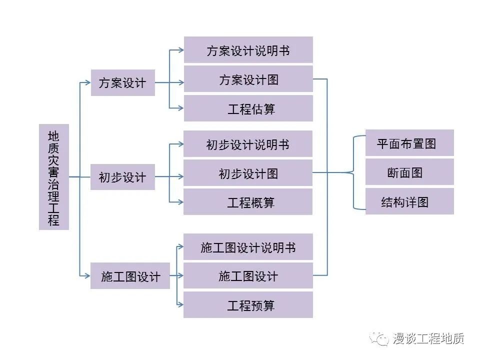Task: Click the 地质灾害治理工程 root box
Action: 53,177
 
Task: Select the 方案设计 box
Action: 122,82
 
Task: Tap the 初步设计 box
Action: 122,177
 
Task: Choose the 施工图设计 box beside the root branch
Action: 130,276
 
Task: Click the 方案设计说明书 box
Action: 248,50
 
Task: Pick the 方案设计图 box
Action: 248,79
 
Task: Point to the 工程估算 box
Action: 248,108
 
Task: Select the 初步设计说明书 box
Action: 248,144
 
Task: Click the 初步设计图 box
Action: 248,173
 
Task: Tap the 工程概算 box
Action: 248,202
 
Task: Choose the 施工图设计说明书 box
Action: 248,247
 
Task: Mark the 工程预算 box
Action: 248,305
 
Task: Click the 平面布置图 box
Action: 409,143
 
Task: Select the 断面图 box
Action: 409,172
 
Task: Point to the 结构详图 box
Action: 409,201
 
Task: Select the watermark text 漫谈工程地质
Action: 428,338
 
